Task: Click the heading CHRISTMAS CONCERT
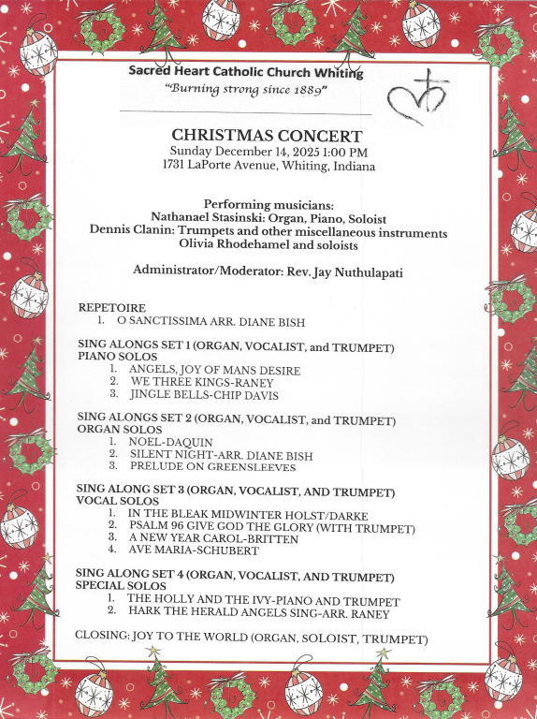(x=267, y=136)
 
